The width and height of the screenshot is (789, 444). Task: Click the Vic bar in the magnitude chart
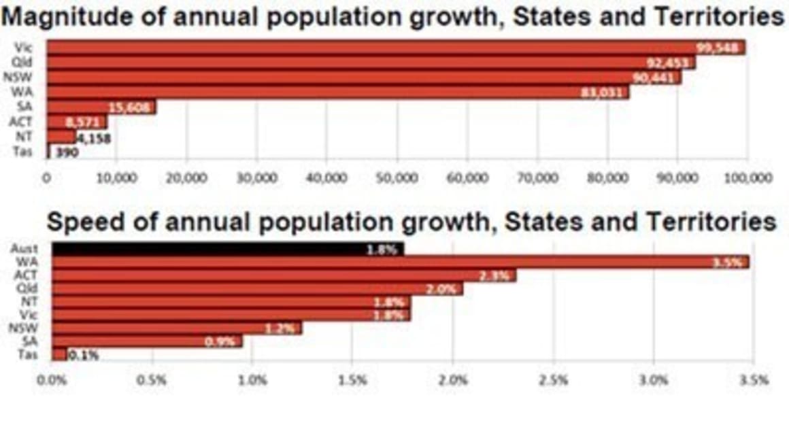[394, 48]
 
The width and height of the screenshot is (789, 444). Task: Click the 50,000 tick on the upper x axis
[397, 178]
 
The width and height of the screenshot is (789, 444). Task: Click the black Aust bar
[227, 250]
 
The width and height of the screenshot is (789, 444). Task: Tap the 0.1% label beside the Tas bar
[84, 355]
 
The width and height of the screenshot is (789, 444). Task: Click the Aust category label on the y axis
[24, 250]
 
